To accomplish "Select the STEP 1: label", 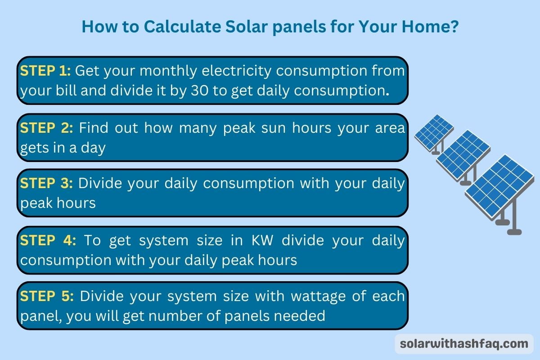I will (45, 71).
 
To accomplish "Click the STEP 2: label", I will (46, 128).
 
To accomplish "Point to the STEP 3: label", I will (46, 184).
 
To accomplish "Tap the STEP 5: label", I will (47, 297).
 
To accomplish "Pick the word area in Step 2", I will (389, 128).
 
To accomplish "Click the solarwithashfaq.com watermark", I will (464, 344).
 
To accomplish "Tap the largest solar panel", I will (499, 184).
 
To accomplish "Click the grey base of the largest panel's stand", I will (514, 232).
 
